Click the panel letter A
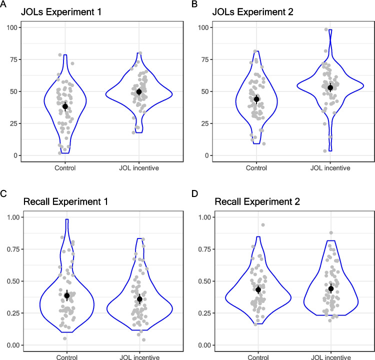pos(4,3)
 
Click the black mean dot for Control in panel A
pos(65,106)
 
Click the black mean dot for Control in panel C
pos(67,295)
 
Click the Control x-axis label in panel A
pos(65,168)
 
